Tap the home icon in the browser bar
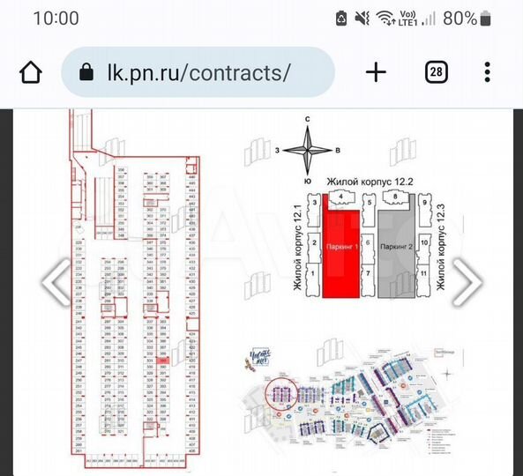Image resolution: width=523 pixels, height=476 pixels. [x=30, y=71]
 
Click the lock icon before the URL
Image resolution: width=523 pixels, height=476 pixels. [x=86, y=72]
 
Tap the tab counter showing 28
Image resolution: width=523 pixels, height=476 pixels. [x=436, y=72]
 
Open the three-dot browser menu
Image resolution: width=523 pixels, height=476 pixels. [x=487, y=72]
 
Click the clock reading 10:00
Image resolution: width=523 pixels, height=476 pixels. [x=56, y=19]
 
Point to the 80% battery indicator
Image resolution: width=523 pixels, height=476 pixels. [x=460, y=18]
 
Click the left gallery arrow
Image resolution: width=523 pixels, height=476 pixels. [x=56, y=282]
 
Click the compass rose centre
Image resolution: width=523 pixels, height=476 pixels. [x=308, y=151]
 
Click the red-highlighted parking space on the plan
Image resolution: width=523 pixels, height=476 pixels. [x=164, y=360]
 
